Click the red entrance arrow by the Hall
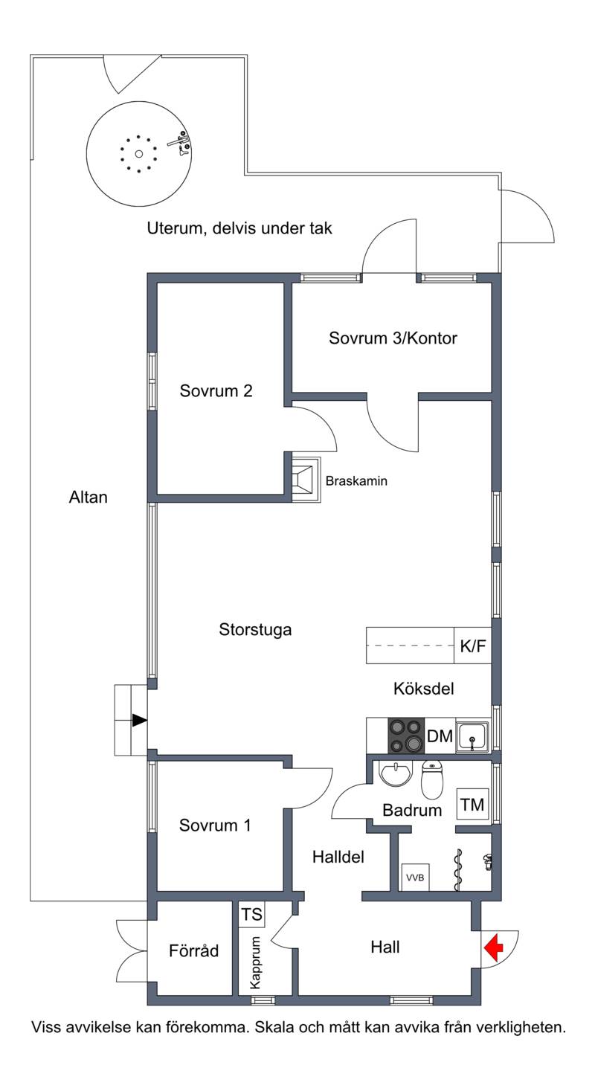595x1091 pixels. tap(494, 947)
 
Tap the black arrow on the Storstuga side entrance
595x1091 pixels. tap(140, 721)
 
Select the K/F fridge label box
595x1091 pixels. tap(473, 646)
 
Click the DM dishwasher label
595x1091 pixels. tap(440, 736)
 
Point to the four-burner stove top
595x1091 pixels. tap(406, 736)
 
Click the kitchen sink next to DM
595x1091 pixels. tap(472, 736)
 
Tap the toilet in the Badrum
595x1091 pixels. tap(432, 779)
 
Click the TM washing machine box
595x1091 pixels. tap(472, 805)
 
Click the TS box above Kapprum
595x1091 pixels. tap(251, 915)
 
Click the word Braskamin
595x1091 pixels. tap(356, 481)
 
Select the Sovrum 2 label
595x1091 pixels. tap(216, 390)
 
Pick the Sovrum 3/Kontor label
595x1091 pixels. tap(393, 338)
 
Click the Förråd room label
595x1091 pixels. tap(194, 950)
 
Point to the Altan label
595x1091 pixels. tap(88, 498)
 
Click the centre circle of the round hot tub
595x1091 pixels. tap(139, 154)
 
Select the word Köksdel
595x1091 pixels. tap(424, 689)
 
